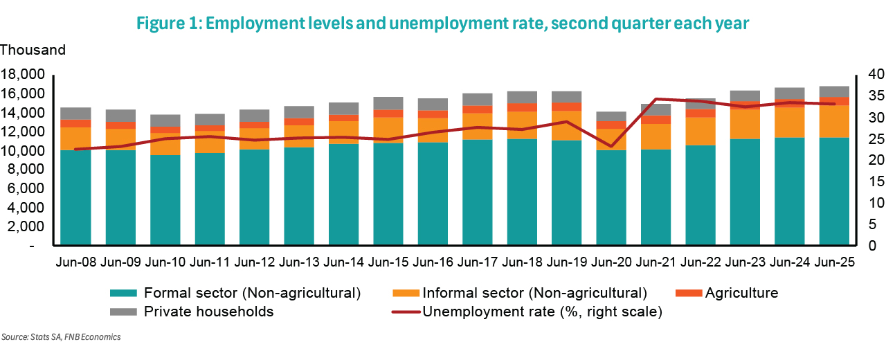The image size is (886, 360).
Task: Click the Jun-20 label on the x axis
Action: tap(610, 263)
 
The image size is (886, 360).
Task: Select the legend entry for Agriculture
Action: tap(741, 293)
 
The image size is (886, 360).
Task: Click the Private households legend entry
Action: tap(208, 312)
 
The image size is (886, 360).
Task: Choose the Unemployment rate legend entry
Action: tap(542, 312)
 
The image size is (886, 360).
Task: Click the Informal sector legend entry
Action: tap(534, 293)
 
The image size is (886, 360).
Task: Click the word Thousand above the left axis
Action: tap(33, 50)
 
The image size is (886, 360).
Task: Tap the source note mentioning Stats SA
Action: tap(62, 337)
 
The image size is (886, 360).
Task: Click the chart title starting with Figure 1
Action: tap(443, 24)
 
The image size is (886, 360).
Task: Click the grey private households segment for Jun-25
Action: tap(833, 91)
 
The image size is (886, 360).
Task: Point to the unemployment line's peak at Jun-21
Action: tap(656, 99)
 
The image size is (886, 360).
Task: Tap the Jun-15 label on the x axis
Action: tap(387, 263)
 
